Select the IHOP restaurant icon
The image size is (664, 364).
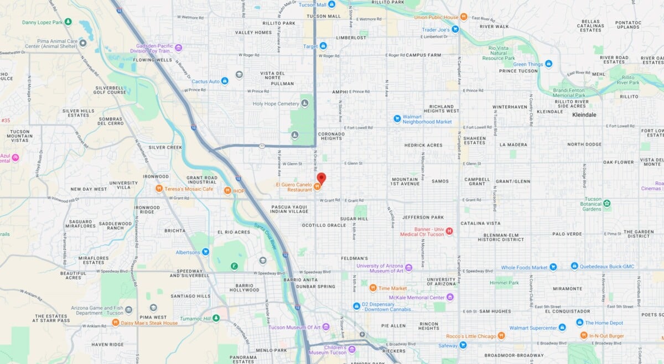(227, 190)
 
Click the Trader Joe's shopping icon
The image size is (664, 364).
(455, 29)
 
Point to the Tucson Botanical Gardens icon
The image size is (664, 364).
(607, 204)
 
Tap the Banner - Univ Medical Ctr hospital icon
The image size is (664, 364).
(449, 231)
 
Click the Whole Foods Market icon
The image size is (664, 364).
(553, 267)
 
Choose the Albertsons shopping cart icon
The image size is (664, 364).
(205, 252)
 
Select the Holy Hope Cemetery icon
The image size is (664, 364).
(304, 103)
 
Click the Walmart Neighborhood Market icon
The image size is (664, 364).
(397, 118)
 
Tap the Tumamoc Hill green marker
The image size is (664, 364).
(216, 318)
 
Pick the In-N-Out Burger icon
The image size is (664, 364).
(583, 335)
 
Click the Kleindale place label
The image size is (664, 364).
(584, 115)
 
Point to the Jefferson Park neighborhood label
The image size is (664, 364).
(423, 217)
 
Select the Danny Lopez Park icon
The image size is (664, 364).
(68, 22)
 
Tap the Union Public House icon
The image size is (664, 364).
(464, 17)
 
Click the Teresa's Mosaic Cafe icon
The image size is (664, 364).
(159, 189)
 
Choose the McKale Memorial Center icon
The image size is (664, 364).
(450, 297)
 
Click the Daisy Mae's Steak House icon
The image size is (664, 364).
(116, 323)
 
